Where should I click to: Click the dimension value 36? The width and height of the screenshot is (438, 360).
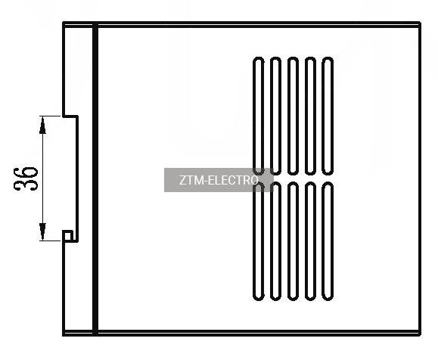pyautogui.click(x=26, y=178)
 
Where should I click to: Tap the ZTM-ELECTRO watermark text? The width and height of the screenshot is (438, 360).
pyautogui.click(x=219, y=180)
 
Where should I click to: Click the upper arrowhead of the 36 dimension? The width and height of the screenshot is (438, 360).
pyautogui.click(x=42, y=125)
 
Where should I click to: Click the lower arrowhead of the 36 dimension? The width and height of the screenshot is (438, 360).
pyautogui.click(x=42, y=232)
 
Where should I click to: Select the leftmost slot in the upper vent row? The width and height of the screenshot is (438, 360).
pyautogui.click(x=259, y=116)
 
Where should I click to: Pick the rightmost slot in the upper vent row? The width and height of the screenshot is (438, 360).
pyautogui.click(x=328, y=116)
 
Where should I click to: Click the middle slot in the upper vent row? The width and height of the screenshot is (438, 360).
pyautogui.click(x=293, y=116)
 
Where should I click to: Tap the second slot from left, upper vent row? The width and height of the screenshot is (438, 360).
pyautogui.click(x=275, y=116)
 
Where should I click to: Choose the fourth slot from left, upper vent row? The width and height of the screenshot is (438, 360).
pyautogui.click(x=310, y=116)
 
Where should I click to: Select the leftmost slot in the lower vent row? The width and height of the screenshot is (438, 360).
pyautogui.click(x=259, y=241)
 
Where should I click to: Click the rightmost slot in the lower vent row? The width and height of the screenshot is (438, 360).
pyautogui.click(x=328, y=241)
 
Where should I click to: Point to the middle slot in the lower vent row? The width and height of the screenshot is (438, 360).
pyautogui.click(x=293, y=241)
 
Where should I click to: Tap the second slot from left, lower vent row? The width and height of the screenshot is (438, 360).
pyautogui.click(x=275, y=241)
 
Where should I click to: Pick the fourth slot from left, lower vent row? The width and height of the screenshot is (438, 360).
pyautogui.click(x=310, y=241)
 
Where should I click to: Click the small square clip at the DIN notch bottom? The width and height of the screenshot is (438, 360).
pyautogui.click(x=68, y=235)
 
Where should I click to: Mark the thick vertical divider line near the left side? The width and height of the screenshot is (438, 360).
pyautogui.click(x=95, y=178)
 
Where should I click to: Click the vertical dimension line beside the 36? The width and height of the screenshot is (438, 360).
pyautogui.click(x=42, y=178)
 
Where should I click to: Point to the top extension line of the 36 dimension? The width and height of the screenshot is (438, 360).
pyautogui.click(x=50, y=116)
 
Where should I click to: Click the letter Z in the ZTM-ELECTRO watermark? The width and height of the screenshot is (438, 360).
pyautogui.click(x=182, y=181)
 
